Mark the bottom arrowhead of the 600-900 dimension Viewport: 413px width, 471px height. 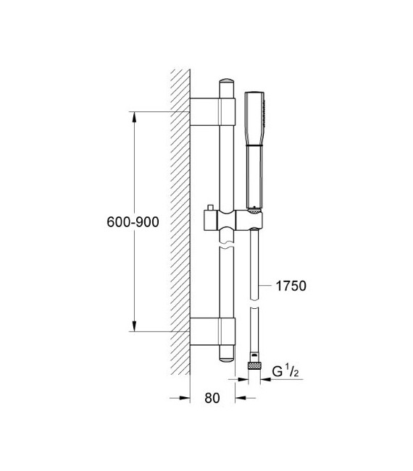134,325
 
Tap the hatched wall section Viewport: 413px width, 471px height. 178,217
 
